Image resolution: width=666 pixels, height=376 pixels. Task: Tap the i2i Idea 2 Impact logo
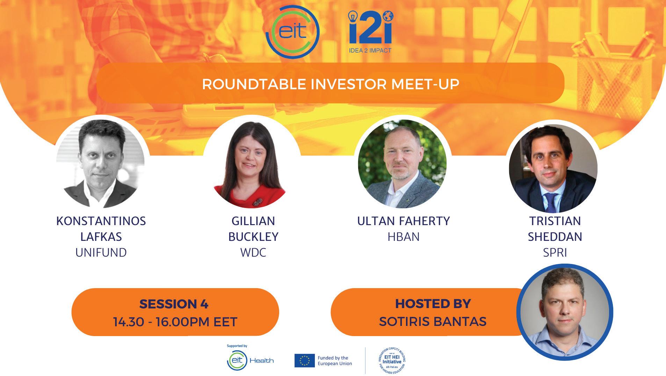[x=370, y=32]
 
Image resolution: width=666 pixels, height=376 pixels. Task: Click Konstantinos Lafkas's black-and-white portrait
[x=100, y=164]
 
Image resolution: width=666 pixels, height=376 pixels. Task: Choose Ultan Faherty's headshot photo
[x=402, y=164]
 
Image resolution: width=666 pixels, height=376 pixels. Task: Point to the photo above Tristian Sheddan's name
[x=553, y=168]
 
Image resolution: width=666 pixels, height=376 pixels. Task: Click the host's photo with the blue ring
[x=565, y=312]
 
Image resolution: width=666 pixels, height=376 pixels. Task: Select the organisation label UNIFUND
[x=101, y=252]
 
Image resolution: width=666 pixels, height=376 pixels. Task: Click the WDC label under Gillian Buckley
[x=253, y=252]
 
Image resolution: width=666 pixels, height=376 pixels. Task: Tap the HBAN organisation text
[x=404, y=237]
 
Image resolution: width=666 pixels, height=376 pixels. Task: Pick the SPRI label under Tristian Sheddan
[x=555, y=252]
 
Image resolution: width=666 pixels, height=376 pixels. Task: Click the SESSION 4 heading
[x=174, y=304]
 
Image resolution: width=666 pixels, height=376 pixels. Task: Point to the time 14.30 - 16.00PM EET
[x=175, y=322]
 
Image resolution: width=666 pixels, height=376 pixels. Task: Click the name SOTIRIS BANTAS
[x=433, y=321]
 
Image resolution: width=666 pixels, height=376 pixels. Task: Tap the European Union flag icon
[x=304, y=361]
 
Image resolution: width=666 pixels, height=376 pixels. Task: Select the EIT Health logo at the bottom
[x=250, y=361]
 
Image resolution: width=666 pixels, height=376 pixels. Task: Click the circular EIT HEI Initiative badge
[x=392, y=361]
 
